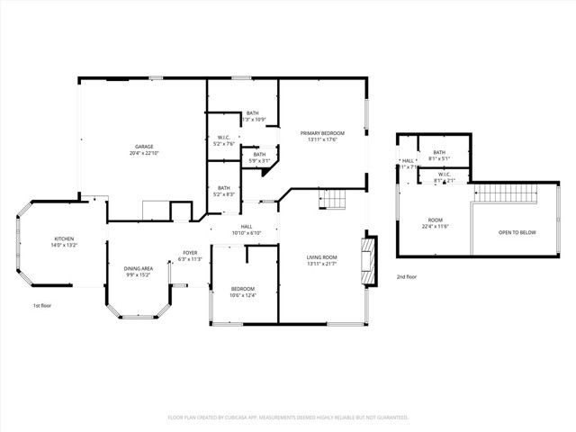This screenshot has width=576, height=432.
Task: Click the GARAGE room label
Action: pos(144,146)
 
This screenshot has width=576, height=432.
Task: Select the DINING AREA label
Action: pos(138,268)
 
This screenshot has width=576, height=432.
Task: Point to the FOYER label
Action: pos(190,253)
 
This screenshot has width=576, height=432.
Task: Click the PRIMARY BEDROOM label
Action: pos(323,133)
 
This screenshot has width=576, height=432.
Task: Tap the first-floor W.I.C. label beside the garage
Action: pos(224,138)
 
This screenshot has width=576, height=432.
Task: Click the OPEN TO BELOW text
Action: pos(517,233)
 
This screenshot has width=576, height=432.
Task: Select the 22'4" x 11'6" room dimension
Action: pos(435,226)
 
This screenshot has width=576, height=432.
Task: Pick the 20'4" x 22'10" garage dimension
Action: pos(144,153)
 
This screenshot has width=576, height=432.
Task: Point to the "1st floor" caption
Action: pos(42,306)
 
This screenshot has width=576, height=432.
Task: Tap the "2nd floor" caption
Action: pos(406,277)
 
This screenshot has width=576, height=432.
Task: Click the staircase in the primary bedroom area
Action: pos(334,200)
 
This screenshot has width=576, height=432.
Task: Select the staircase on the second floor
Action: pos(504,192)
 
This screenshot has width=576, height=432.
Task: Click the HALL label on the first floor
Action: pos(246,227)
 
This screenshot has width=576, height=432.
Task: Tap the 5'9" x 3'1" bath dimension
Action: pos(259,161)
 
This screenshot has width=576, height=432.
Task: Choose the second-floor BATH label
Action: pos(439,153)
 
